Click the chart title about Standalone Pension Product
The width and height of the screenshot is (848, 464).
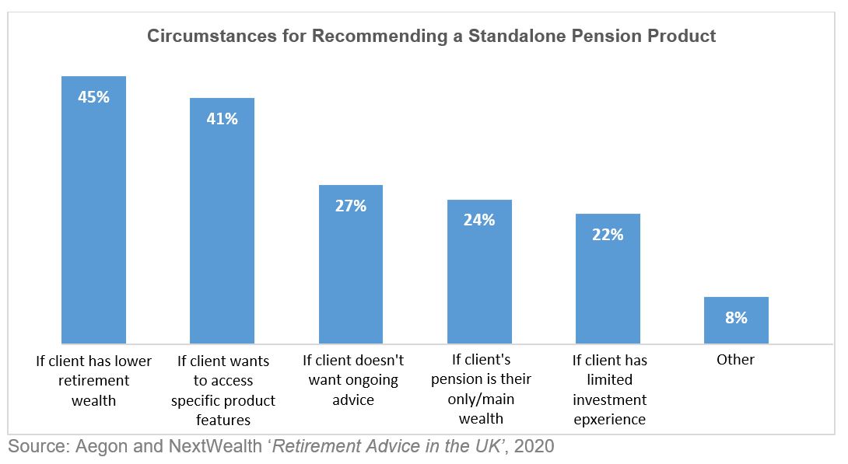coord(431,36)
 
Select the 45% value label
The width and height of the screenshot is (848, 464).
coord(93,97)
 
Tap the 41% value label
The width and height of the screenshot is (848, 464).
coord(222,119)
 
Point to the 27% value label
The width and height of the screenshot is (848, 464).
coord(350,206)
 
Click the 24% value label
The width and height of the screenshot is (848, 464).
coord(479,220)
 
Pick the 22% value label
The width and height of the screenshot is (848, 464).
coord(608,235)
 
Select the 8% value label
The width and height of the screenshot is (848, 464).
coord(736,318)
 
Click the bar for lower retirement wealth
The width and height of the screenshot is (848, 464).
coord(93,210)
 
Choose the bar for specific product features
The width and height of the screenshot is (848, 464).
coord(222,221)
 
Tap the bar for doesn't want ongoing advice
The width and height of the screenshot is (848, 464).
coord(350,264)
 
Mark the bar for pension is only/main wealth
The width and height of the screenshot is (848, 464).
coord(479,272)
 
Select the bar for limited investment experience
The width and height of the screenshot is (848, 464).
coord(608,279)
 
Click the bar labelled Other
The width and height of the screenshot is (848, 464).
coord(736,320)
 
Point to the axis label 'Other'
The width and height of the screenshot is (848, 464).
coord(735,359)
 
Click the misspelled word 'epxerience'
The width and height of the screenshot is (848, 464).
coord(609,420)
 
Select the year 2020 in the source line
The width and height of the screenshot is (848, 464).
coord(534,446)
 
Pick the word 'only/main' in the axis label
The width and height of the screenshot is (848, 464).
coord(481,399)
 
